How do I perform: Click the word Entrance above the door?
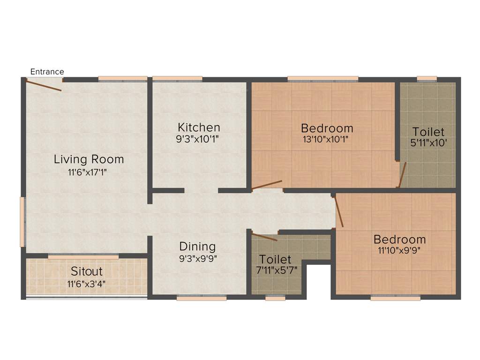(47, 72)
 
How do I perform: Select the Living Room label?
(89, 159)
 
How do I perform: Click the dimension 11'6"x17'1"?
(89, 172)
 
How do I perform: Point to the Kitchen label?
(199, 127)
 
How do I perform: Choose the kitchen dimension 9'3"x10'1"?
(199, 139)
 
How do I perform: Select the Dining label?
(197, 246)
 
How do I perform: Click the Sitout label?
(87, 271)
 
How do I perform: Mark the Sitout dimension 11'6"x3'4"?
(87, 283)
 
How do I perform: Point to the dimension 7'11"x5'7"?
(275, 271)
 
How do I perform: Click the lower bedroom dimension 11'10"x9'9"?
(399, 250)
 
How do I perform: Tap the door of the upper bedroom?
(267, 185)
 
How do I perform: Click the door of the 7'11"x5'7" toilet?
(264, 236)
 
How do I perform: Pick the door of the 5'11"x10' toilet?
(402, 175)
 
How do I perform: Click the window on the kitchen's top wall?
(177, 79)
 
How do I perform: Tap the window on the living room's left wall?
(22, 221)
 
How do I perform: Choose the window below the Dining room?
(202, 297)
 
